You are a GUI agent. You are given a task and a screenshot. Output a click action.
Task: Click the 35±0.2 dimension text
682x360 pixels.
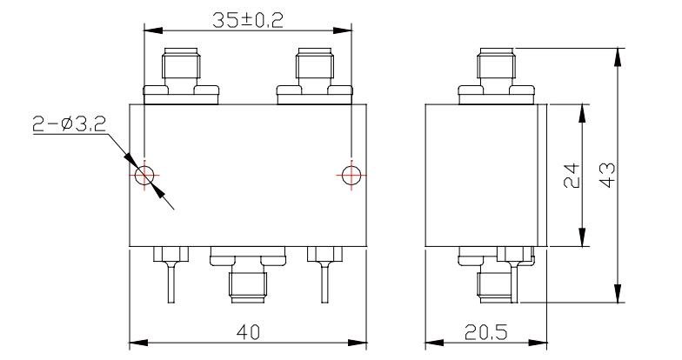click(x=247, y=21)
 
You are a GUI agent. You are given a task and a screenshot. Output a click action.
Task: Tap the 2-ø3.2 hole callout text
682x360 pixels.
click(x=69, y=125)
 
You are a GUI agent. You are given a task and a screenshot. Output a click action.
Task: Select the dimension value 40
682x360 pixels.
click(x=248, y=332)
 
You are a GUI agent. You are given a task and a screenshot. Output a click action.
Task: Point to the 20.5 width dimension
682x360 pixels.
click(x=485, y=332)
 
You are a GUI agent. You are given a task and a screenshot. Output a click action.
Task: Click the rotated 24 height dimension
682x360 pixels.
click(x=572, y=176)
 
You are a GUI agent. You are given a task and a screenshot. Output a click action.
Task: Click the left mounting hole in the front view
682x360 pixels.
click(x=144, y=176)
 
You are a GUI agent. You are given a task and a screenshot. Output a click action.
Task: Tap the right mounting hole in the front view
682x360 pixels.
click(x=351, y=176)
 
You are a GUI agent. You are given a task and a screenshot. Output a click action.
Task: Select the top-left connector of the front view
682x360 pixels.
click(x=181, y=77)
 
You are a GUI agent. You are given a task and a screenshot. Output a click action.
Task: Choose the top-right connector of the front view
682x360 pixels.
click(x=315, y=77)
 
